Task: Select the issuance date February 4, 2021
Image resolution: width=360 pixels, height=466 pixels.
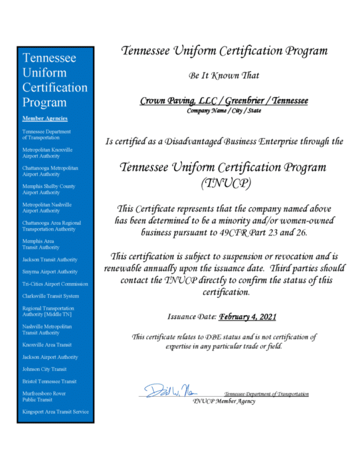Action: [x=248, y=317]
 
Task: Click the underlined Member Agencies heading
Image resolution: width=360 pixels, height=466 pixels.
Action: [x=44, y=118]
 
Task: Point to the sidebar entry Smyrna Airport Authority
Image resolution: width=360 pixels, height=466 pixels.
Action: [x=50, y=271]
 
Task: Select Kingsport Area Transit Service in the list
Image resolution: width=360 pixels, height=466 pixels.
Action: [x=55, y=412]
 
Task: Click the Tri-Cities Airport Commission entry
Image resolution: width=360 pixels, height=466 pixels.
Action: [x=55, y=284]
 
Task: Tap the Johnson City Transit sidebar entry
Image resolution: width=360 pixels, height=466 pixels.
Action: [x=45, y=369]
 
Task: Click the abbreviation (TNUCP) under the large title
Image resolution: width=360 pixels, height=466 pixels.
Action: [x=224, y=184]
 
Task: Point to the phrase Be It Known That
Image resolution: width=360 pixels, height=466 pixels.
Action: [x=224, y=76]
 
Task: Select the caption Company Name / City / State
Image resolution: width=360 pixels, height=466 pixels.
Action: [x=224, y=110]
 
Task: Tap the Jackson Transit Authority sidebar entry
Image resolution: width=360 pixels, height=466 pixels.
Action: [x=50, y=259]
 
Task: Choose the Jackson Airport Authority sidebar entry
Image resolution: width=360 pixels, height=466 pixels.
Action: [x=50, y=357]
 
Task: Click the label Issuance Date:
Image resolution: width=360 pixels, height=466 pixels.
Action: [x=192, y=317]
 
